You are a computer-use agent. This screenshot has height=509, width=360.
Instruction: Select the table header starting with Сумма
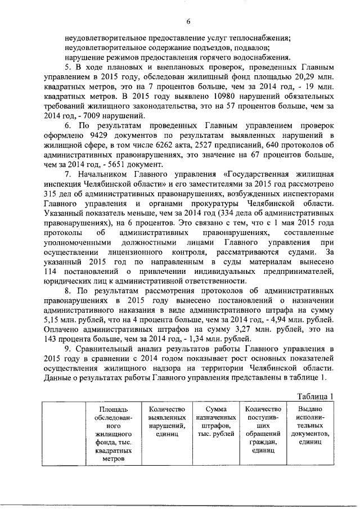coord(215,422)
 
